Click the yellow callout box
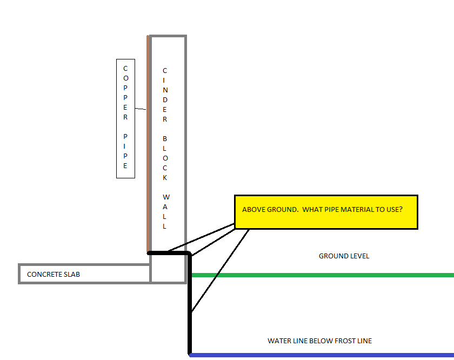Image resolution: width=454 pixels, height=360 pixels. pos(326,212)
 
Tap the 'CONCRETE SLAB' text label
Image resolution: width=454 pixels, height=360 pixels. pos(54,275)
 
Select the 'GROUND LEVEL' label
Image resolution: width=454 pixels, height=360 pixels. pos(344,256)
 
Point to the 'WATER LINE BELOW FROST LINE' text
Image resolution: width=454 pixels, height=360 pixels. pos(319,341)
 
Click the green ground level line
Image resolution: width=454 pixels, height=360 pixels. pos(324,275)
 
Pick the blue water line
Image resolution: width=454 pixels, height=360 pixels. pos(324,355)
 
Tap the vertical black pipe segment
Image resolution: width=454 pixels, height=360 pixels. pos(190,308)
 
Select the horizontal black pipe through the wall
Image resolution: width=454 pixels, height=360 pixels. pos(168,253)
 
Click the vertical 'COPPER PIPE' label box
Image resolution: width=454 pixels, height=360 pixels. pos(125,118)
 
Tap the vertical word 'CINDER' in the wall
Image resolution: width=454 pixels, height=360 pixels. pos(165,95)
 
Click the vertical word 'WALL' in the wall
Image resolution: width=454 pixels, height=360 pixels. pos(165,211)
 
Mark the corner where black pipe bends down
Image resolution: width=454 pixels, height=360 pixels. pos(189,254)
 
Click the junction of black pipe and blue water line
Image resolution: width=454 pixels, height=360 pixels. pos(190,354)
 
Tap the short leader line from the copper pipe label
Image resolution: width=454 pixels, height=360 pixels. pos(141,109)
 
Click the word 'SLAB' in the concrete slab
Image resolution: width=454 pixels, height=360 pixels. pos(71,275)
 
